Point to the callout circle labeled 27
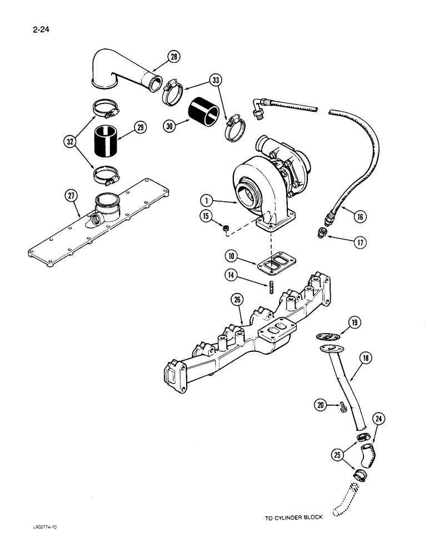click(70, 195)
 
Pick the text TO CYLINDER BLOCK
click(293, 519)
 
